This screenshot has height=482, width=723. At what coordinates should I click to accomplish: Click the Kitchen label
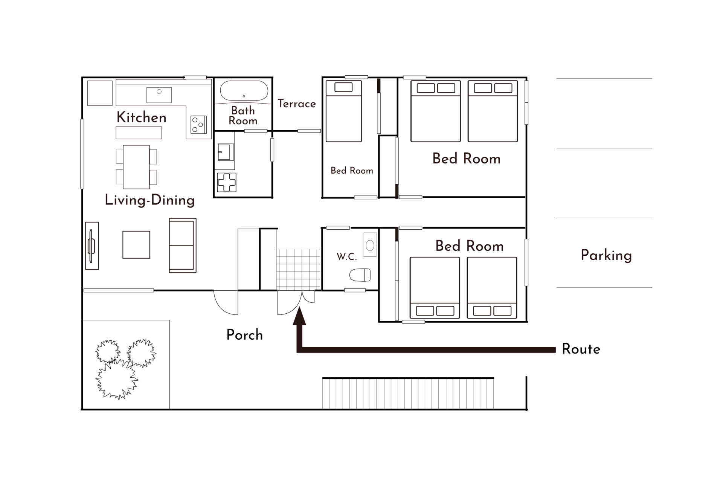click(141, 117)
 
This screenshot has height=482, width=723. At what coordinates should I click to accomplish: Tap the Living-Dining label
click(149, 200)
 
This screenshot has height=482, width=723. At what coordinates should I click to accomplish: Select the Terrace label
click(297, 104)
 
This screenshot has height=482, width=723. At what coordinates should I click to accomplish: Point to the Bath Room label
click(243, 116)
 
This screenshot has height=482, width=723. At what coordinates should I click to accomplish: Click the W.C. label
click(346, 257)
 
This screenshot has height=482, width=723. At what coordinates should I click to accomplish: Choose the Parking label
click(606, 255)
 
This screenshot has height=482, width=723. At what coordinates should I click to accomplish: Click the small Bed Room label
click(352, 171)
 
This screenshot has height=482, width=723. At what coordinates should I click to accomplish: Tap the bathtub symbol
click(244, 91)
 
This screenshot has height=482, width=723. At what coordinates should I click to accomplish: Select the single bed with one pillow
click(343, 117)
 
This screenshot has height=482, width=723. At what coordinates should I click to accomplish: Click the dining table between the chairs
click(136, 167)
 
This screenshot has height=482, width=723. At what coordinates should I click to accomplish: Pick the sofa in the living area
click(183, 245)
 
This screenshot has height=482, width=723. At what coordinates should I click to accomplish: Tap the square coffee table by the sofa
click(136, 245)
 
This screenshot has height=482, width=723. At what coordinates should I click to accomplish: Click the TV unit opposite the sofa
click(92, 246)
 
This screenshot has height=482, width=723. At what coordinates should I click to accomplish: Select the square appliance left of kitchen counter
click(100, 93)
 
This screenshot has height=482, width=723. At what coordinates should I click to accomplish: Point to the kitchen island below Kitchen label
click(139, 133)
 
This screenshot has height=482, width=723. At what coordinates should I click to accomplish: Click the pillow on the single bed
click(343, 87)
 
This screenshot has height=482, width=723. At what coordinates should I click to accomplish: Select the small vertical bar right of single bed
click(379, 85)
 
